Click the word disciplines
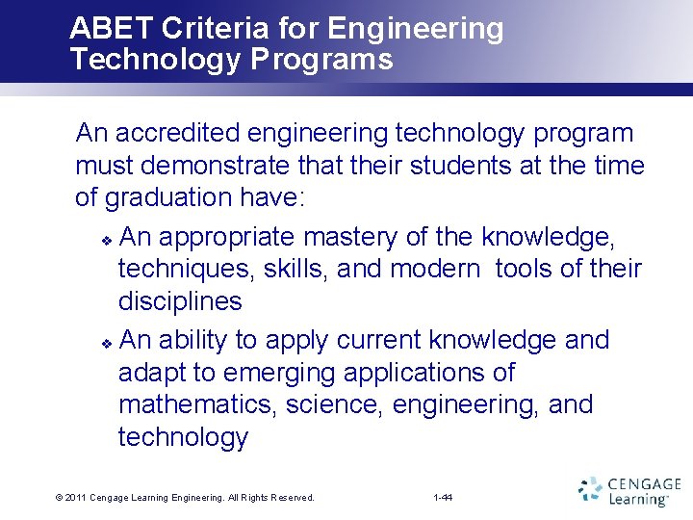pyautogui.click(x=180, y=301)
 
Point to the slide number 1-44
pyautogui.click(x=444, y=498)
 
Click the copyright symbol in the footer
pyautogui.click(x=60, y=498)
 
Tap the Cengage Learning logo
pyautogui.click(x=629, y=490)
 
